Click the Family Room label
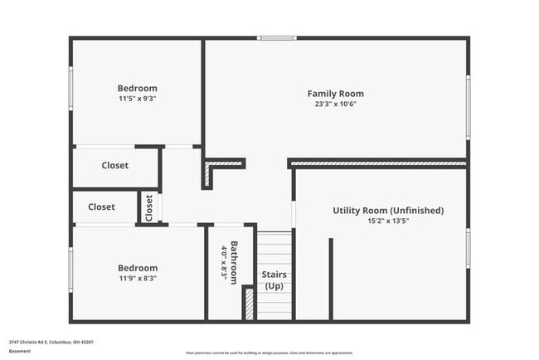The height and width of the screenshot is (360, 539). point(335,94)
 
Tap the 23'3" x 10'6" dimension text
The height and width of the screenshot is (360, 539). point(335,104)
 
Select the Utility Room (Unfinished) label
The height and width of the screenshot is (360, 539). point(388,211)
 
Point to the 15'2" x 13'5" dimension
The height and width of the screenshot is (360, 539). point(388,221)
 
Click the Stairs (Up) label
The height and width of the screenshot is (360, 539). point(274,280)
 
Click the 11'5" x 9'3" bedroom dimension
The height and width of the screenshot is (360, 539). point(137,98)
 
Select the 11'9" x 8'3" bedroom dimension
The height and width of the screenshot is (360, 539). point(137,278)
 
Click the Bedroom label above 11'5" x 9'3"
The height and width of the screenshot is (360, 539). point(137,88)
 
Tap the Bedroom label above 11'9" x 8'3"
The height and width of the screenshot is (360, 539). point(137,268)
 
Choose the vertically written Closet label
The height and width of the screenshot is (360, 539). point(149,207)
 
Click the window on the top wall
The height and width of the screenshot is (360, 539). point(276,37)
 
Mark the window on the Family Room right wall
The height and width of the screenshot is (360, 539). point(468,106)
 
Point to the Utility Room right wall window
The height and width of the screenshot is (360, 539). point(468,249)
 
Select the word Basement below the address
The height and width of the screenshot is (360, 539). point(20,351)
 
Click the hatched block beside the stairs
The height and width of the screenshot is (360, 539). point(248,303)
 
